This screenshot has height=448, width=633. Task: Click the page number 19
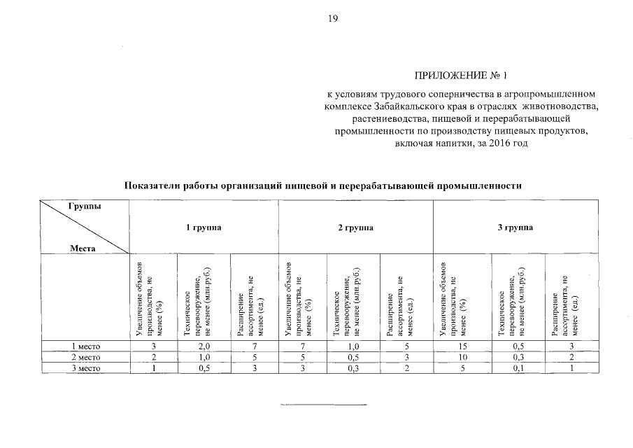[333, 19]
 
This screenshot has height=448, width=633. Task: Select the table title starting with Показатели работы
[322, 185]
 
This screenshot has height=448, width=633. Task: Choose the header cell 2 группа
[355, 227]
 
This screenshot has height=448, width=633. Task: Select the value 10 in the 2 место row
[461, 357]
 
